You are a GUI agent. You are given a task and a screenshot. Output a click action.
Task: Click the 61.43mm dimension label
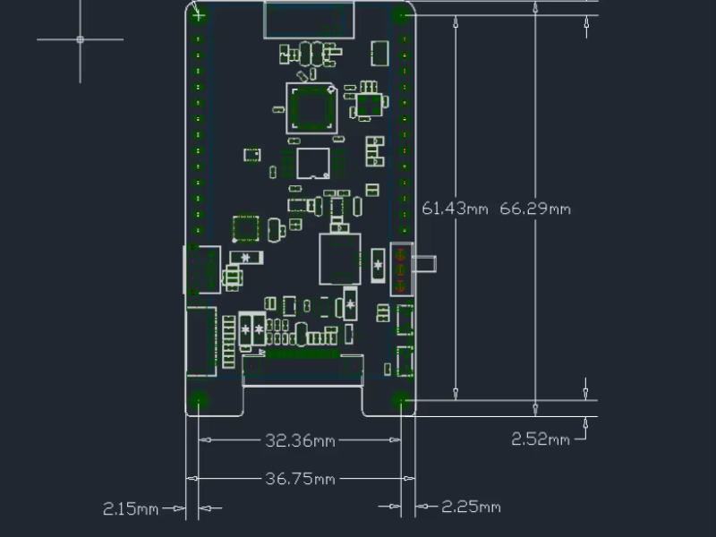pyautogui.click(x=455, y=209)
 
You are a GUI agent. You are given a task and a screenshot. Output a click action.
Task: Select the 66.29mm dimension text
pyautogui.click(x=535, y=209)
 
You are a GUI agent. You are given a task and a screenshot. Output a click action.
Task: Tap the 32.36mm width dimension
pyautogui.click(x=300, y=440)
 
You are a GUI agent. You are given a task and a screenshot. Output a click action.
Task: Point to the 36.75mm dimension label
pyautogui.click(x=300, y=479)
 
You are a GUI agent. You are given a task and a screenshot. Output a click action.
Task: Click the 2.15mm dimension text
pyautogui.click(x=131, y=508)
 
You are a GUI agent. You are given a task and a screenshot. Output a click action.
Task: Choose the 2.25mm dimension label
pyautogui.click(x=471, y=507)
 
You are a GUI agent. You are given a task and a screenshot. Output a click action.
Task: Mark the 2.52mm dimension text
pyautogui.click(x=541, y=439)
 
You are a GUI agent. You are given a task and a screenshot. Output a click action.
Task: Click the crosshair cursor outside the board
pyautogui.click(x=80, y=39)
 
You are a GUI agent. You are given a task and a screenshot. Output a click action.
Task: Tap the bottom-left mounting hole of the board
pyautogui.click(x=198, y=400)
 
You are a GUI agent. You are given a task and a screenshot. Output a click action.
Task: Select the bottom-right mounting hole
pyautogui.click(x=400, y=400)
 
